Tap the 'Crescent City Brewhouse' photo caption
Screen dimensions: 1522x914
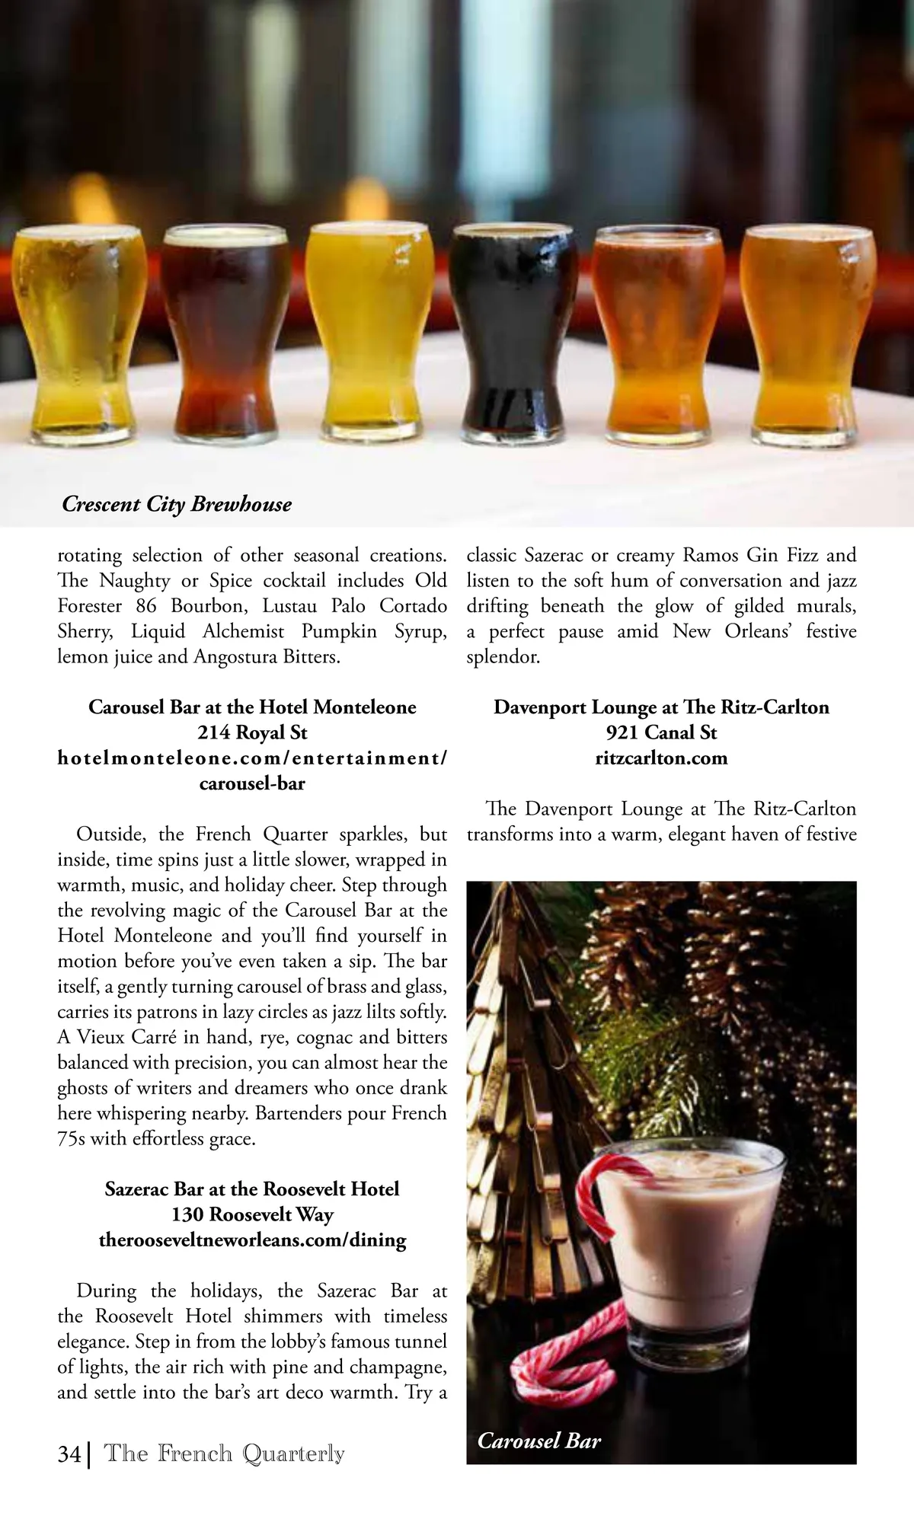click(177, 504)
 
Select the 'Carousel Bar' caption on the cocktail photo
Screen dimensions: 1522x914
click(539, 1440)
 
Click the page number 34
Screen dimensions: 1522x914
click(69, 1454)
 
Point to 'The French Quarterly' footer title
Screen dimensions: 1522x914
click(224, 1453)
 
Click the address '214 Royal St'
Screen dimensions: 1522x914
click(252, 732)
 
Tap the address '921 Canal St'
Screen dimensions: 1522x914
click(661, 732)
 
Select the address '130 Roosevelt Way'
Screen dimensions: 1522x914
click(252, 1214)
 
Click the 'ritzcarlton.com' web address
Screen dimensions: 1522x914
click(661, 758)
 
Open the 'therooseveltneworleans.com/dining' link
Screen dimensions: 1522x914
click(252, 1240)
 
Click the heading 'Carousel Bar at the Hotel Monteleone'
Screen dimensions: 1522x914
click(252, 707)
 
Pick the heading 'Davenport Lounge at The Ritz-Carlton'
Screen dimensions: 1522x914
click(661, 707)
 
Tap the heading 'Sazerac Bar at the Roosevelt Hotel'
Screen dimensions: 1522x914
click(252, 1189)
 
